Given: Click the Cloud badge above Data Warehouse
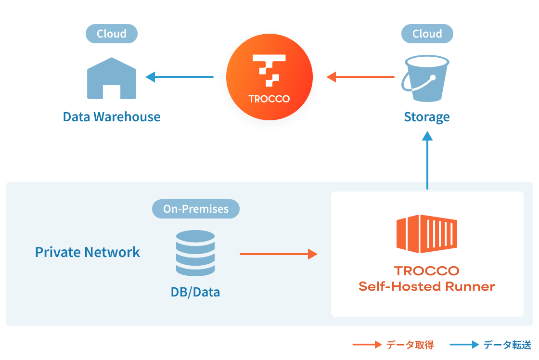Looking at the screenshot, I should click(112, 34).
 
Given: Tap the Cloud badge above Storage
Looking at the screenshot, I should click(427, 34).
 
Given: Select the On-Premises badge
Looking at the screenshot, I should click(195, 209).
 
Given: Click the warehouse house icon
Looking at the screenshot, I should click(112, 78).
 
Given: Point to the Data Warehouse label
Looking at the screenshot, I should click(112, 116).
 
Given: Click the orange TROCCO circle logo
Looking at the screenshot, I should click(269, 77).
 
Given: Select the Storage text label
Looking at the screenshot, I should click(427, 117).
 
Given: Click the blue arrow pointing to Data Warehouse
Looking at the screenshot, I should click(180, 77).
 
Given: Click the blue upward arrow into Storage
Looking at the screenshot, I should click(427, 161).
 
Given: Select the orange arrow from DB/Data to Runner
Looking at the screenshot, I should click(279, 254).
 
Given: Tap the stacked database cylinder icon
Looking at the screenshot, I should click(195, 253).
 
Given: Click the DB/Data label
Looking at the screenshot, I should click(195, 292).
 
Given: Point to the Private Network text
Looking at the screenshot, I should click(88, 252).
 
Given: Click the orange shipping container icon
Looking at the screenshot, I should click(426, 234).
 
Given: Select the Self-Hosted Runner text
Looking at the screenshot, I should click(426, 287).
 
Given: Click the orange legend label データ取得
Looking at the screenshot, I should click(410, 345).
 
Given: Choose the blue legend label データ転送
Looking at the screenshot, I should click(507, 345).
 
